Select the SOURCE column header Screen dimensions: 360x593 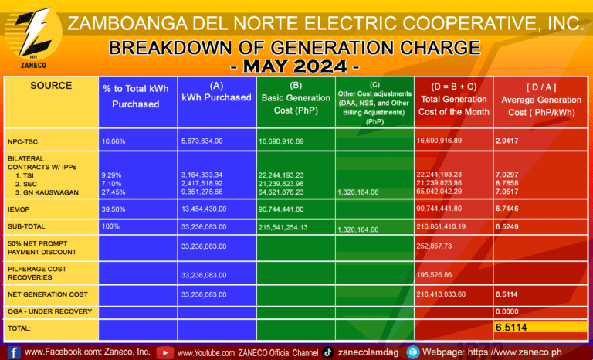coord(51,86)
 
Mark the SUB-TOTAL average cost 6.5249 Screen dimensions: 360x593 coord(512,228)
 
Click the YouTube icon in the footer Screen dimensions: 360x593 coord(165,352)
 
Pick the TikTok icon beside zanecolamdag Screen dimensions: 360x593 coord(328,352)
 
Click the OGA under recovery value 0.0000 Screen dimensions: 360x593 coord(512,312)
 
